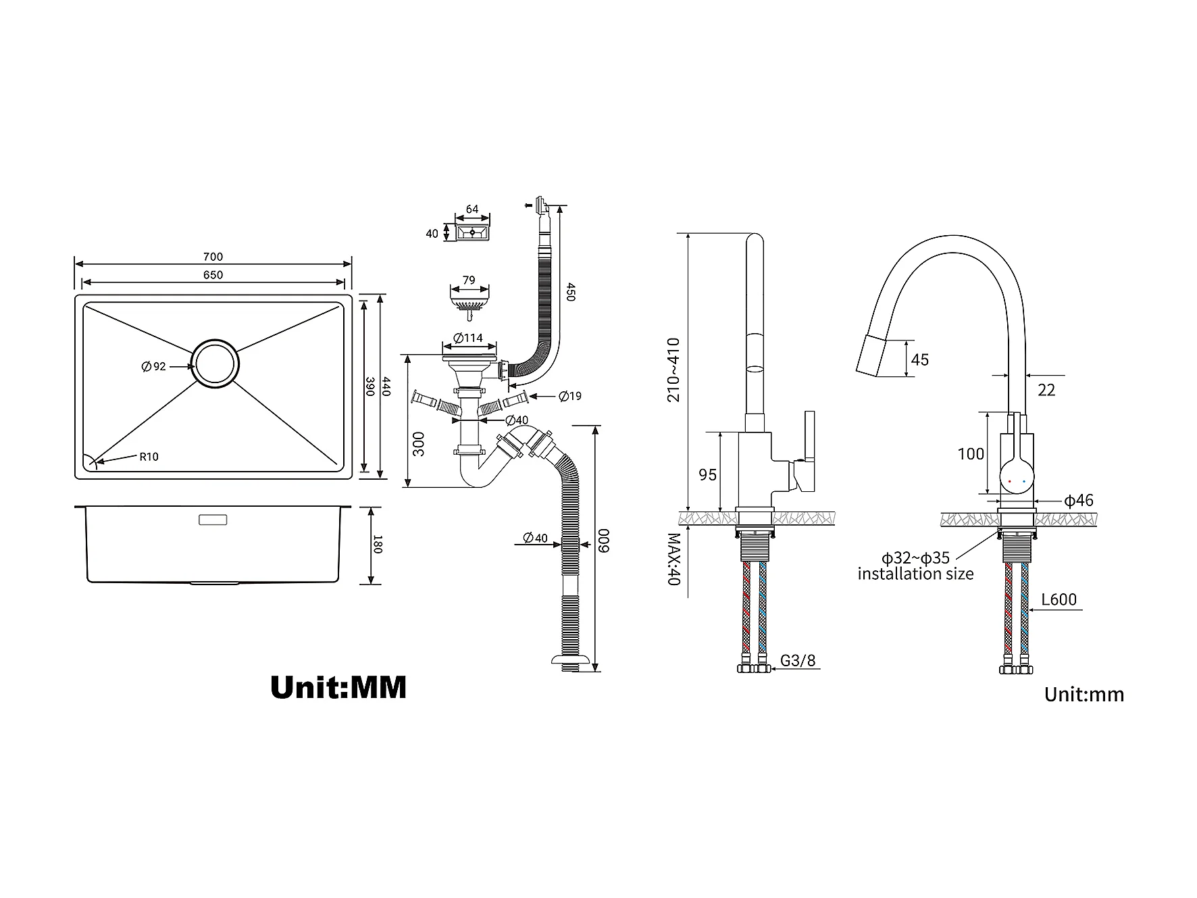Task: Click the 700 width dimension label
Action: [213, 257]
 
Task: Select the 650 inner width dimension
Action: [213, 275]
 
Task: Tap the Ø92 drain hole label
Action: [153, 367]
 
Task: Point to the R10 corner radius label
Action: [149, 457]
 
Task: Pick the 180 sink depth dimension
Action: [377, 545]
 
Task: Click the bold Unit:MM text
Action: [338, 687]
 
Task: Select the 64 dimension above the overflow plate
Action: [472, 209]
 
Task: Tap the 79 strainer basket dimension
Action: [469, 280]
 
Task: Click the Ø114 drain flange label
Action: [468, 338]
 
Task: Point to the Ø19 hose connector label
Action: [570, 396]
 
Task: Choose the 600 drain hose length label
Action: [605, 541]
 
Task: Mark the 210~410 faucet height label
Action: [673, 370]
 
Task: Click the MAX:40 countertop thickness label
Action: [673, 559]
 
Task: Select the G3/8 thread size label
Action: [798, 661]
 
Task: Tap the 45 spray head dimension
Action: [920, 359]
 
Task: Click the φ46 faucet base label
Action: [1079, 501]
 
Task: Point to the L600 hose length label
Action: [1059, 599]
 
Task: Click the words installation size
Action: [916, 574]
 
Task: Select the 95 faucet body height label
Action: [708, 475]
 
